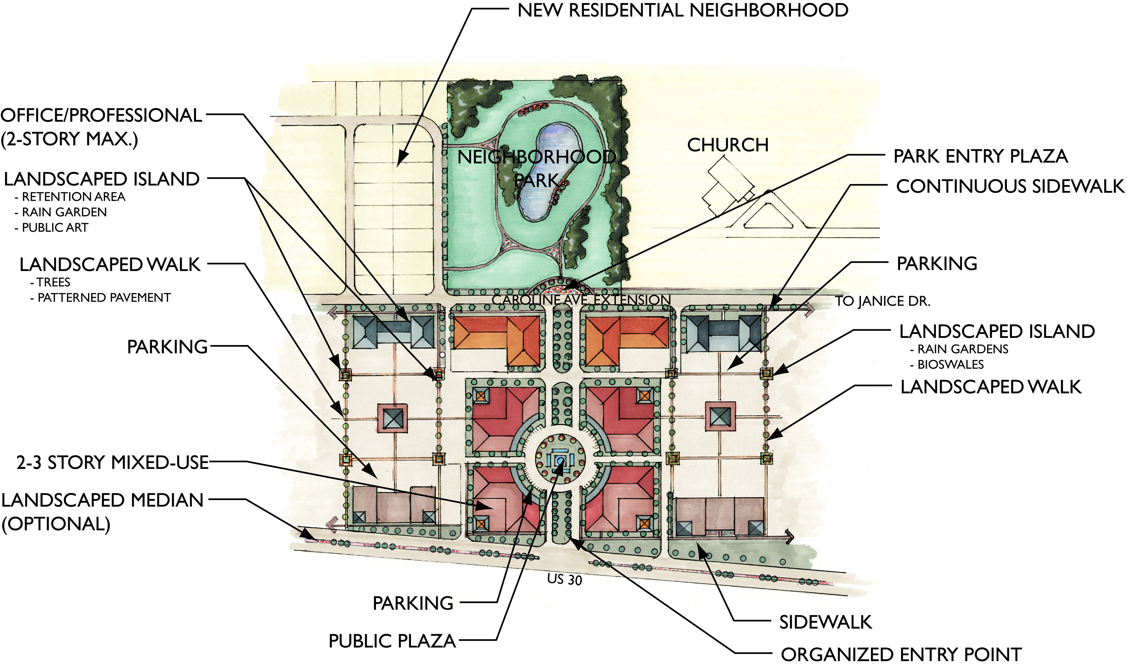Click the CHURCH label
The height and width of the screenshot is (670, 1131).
pos(727,145)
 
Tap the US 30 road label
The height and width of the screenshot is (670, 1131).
pos(564,579)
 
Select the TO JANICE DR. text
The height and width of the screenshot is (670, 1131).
pos(882,301)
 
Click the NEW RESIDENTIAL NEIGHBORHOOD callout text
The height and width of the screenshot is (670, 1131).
pos(682,10)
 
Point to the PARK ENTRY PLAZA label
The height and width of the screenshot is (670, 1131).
pos(980,156)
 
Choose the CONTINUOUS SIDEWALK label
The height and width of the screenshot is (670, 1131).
pos(1010,186)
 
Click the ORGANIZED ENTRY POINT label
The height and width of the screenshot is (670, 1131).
pos(901,655)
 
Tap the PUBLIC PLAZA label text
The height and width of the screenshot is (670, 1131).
pos(392,641)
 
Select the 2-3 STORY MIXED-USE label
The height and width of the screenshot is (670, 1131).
pos(112,463)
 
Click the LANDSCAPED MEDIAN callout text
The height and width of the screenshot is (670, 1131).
pos(102,501)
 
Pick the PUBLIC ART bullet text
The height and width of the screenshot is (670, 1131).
pos(54,228)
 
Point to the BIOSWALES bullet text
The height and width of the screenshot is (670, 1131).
pos(950,364)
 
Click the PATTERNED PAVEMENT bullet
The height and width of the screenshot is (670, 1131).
pos(104,298)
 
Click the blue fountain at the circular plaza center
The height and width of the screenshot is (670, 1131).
pos(560,461)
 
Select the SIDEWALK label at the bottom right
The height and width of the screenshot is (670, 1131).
pos(825,622)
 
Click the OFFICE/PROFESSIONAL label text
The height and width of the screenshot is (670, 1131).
pos(101,115)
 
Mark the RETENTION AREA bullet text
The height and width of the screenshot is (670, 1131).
pos(73,197)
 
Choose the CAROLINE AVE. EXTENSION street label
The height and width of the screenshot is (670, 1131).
pos(581,300)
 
